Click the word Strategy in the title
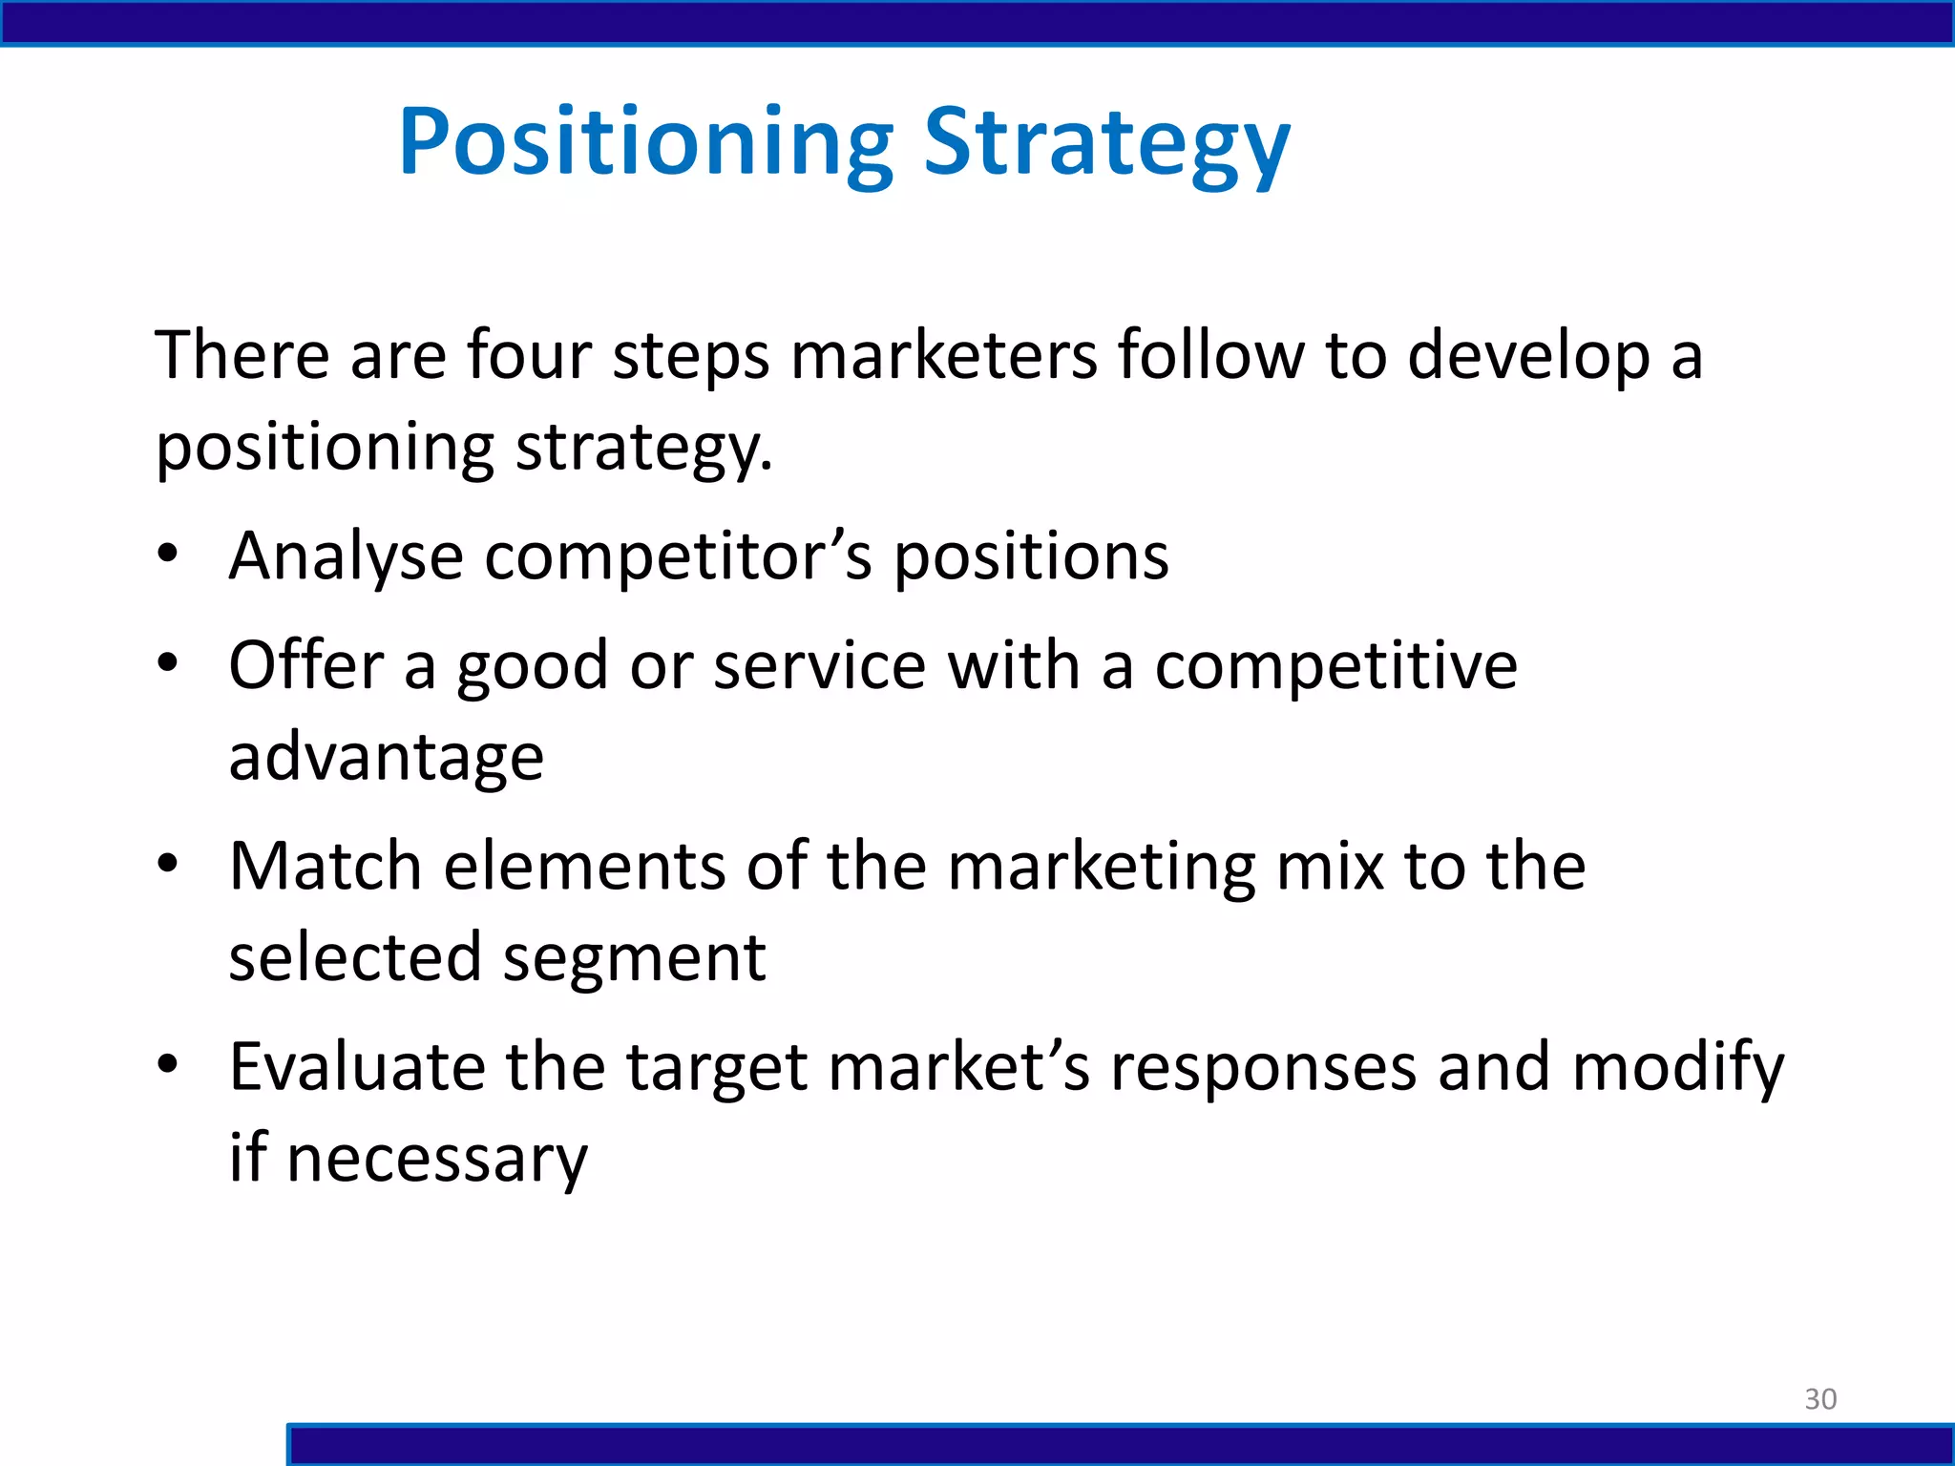pos(1107,143)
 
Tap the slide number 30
pos(1820,1398)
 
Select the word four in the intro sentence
pos(529,355)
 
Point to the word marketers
pos(944,355)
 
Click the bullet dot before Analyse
pos(168,554)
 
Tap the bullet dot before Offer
pos(168,662)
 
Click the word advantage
pos(387,757)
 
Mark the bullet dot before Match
pos(168,864)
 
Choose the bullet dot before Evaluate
pos(168,1064)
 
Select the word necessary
pos(436,1159)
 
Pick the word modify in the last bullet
pos(1677,1068)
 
